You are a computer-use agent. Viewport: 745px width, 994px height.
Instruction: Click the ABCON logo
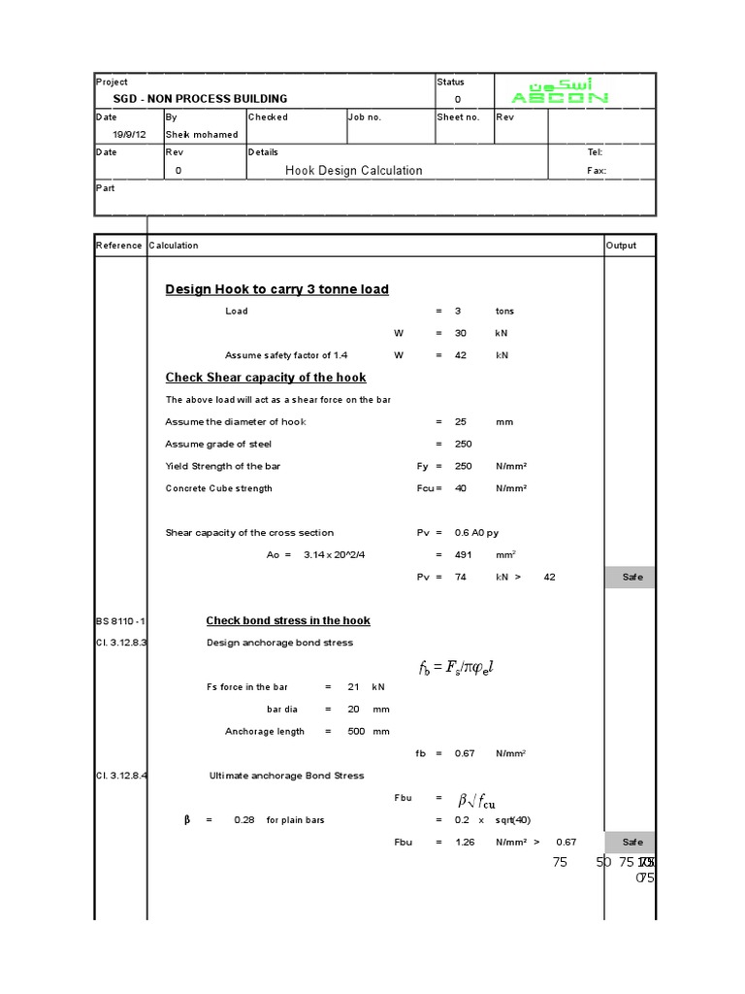[x=560, y=91]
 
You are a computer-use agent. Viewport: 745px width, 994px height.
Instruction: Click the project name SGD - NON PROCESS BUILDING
[x=201, y=99]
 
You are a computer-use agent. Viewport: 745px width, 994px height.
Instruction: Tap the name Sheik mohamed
[x=202, y=135]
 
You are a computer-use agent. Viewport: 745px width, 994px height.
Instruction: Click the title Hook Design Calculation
[x=353, y=171]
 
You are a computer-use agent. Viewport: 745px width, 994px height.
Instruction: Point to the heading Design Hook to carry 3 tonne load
[x=277, y=289]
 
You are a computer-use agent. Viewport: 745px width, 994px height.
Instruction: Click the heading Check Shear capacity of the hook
[x=266, y=378]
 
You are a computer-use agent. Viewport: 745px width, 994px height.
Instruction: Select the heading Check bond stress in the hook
[x=288, y=621]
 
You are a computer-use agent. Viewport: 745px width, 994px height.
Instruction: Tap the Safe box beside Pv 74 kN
[x=632, y=578]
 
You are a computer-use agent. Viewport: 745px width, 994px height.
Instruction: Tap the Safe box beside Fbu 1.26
[x=632, y=843]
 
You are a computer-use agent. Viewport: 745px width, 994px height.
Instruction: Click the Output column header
[x=621, y=246]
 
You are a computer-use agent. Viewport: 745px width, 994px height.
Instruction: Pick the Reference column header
[x=118, y=246]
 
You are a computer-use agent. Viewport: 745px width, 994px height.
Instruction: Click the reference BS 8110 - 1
[x=119, y=621]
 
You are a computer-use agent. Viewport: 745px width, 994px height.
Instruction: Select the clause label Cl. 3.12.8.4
[x=120, y=776]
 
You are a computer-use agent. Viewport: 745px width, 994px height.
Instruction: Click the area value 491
[x=461, y=555]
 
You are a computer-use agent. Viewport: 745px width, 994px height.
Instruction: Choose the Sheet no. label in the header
[x=458, y=117]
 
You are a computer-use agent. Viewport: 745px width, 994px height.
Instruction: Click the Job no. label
[x=365, y=117]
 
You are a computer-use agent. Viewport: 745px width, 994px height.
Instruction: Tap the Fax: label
[x=597, y=171]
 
